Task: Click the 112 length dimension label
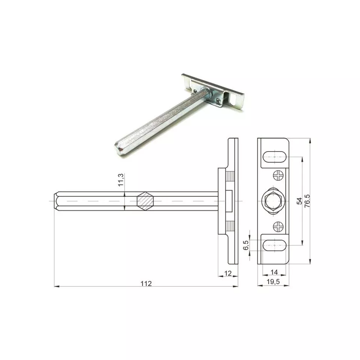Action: [146, 283]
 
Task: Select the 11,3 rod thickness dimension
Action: [120, 180]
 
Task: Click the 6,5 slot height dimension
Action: [246, 245]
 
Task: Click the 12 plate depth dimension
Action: [228, 273]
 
